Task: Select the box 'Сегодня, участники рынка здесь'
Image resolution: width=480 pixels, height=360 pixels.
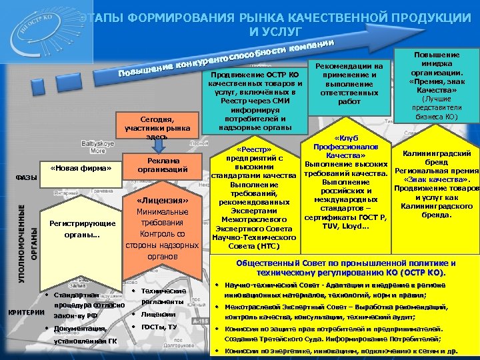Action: click(x=158, y=123)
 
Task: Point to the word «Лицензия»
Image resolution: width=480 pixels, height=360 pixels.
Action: click(x=158, y=201)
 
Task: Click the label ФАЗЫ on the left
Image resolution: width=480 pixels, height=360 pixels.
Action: click(x=26, y=177)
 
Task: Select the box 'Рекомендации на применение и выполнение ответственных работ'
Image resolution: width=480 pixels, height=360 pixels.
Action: click(x=349, y=84)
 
